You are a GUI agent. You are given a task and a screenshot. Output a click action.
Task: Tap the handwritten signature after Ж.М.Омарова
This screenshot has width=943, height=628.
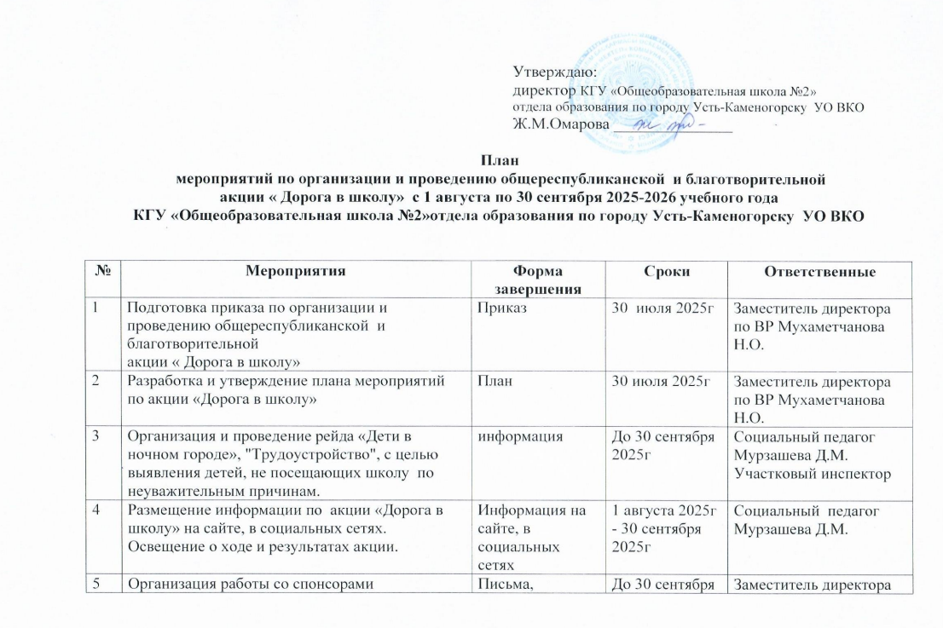674,124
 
